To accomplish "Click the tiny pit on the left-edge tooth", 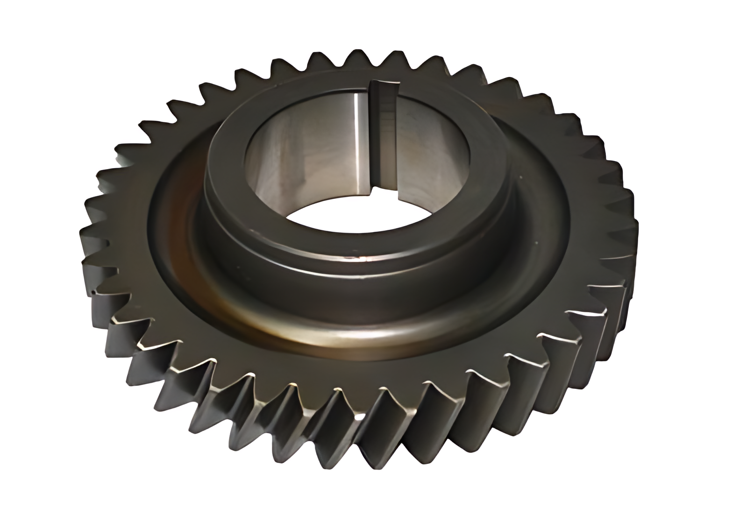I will (x=94, y=293).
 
